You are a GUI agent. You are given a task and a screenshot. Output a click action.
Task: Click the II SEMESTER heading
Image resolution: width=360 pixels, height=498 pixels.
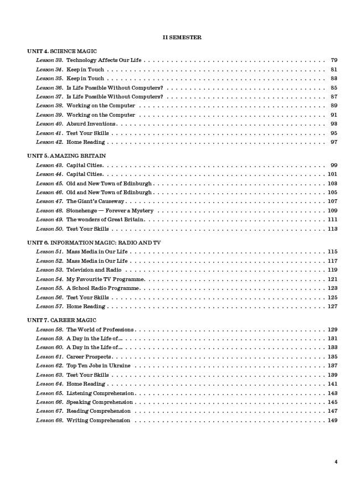pos(182,38)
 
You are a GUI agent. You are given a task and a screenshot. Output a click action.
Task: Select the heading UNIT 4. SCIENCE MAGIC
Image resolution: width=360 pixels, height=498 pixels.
pos(62,51)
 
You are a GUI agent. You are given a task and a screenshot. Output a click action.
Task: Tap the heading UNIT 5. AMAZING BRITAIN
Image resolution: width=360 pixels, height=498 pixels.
pos(66,156)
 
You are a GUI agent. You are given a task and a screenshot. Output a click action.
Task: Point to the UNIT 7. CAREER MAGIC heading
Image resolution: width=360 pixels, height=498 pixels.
pos(61,320)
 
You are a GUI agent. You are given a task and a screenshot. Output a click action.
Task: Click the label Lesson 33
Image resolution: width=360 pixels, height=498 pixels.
pos(49,60)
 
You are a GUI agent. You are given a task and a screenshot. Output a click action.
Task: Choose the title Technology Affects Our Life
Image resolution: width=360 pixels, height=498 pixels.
pos(104,60)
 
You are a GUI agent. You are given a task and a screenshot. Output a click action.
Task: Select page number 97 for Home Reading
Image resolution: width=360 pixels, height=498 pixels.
pos(333,142)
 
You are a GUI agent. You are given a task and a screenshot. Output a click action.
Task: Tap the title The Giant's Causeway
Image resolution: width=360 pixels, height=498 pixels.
pos(95,201)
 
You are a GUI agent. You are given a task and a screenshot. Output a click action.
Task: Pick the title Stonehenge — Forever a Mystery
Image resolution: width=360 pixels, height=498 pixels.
pos(110,211)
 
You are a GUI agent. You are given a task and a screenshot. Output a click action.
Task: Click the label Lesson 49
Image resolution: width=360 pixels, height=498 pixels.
pos(49,220)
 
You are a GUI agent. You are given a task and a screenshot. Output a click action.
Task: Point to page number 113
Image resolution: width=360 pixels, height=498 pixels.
pos(332,229)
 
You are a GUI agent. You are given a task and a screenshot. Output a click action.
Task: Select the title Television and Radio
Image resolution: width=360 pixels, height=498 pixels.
pos(94,270)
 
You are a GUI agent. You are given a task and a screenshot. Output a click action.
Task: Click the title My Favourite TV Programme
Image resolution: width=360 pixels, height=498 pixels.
pos(105,279)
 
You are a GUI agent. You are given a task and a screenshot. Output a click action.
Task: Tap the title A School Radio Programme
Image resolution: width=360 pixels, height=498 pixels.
pos(102,288)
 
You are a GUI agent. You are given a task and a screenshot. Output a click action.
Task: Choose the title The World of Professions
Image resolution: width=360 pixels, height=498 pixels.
pos(100,330)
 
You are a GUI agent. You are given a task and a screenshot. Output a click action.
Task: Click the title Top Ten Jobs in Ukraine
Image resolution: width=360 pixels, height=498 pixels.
pos(99,366)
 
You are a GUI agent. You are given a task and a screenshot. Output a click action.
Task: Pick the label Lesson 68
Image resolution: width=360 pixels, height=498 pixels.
pos(49,421)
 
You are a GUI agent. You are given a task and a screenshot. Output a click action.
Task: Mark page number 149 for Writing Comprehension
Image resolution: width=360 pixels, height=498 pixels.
pos(332,421)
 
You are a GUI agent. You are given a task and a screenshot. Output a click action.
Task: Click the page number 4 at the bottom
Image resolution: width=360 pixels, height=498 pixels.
pos(336,461)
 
